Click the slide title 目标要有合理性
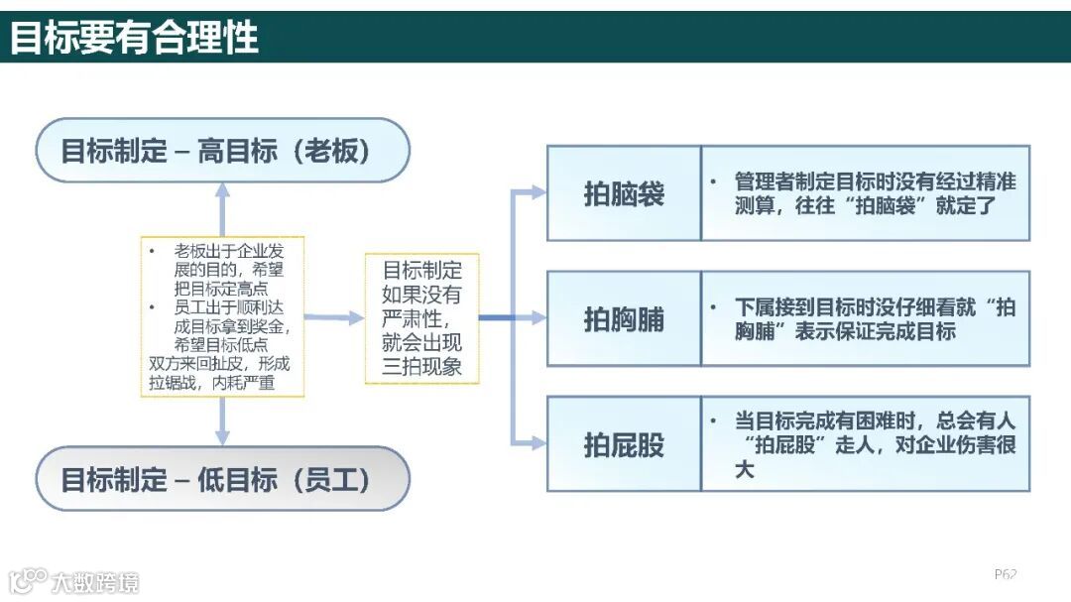click(135, 38)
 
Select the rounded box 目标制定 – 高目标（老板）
click(222, 151)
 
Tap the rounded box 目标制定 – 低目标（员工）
click(222, 479)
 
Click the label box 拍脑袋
click(624, 193)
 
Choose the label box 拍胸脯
click(624, 319)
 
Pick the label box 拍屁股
click(624, 444)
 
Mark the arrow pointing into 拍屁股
click(535, 443)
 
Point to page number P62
click(1006, 574)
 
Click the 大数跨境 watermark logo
click(73, 581)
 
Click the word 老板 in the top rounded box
click(337, 151)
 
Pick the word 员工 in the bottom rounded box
click(337, 480)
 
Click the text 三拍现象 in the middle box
click(421, 368)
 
